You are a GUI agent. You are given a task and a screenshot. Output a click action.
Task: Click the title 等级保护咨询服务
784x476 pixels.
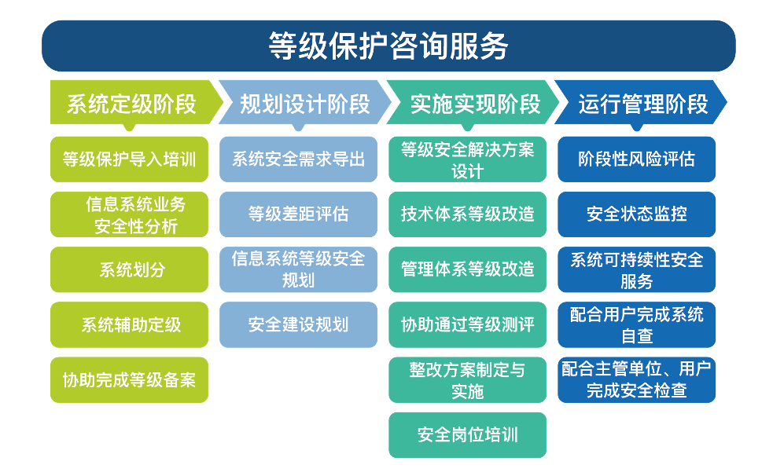(x=388, y=46)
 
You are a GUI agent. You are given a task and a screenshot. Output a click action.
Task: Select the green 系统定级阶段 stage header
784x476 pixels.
(x=136, y=103)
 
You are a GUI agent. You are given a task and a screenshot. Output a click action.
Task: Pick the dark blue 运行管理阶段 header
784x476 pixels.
(x=641, y=103)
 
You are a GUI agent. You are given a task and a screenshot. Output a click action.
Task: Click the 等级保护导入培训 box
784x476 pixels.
(x=129, y=159)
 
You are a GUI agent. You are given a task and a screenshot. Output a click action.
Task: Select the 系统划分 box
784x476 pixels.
(x=129, y=269)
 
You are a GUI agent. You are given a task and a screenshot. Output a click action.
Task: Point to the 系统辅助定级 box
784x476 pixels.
(x=129, y=324)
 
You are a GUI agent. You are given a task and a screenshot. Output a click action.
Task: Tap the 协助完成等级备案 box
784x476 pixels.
(x=129, y=380)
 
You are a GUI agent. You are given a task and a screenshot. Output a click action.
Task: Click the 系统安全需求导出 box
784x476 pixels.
(x=298, y=159)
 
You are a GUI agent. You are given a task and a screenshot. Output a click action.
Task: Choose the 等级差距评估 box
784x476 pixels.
(x=298, y=214)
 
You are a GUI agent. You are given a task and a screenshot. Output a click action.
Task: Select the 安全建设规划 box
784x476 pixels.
(x=298, y=324)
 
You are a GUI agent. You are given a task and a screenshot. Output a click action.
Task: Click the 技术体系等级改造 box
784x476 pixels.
(x=468, y=214)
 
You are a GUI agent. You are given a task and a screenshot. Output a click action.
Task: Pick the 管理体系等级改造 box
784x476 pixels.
(x=468, y=269)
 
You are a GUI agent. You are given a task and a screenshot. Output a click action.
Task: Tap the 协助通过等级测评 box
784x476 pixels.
(x=468, y=324)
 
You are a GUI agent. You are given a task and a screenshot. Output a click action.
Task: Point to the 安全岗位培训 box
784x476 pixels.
(x=468, y=435)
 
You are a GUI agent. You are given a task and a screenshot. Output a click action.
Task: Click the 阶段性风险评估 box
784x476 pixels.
(x=636, y=159)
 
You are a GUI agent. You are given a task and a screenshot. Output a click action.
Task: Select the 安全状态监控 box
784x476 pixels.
(x=636, y=214)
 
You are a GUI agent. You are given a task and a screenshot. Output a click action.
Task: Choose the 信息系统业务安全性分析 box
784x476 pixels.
(x=129, y=214)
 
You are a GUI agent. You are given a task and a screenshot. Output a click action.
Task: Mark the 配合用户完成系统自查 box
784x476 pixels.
(x=636, y=324)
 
